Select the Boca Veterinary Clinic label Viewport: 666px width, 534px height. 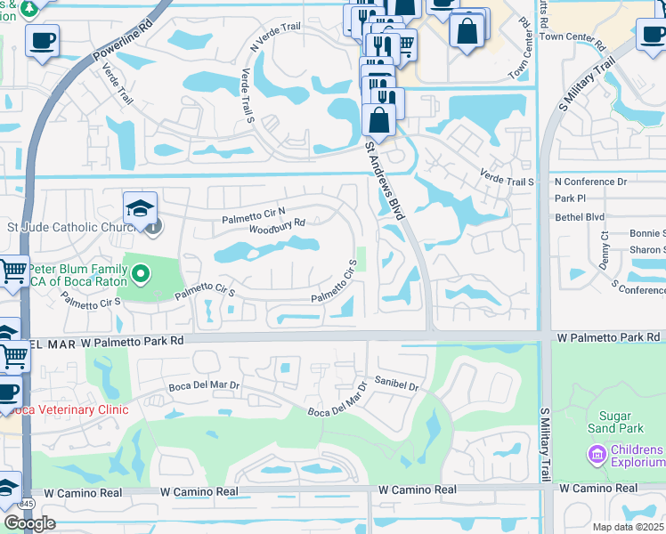64,409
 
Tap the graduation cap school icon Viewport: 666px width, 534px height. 140,209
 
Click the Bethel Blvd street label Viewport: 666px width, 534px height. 579,216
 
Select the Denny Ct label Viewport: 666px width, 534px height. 605,247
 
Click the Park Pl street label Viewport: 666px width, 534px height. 569,198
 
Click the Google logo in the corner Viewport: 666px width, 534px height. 29,523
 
